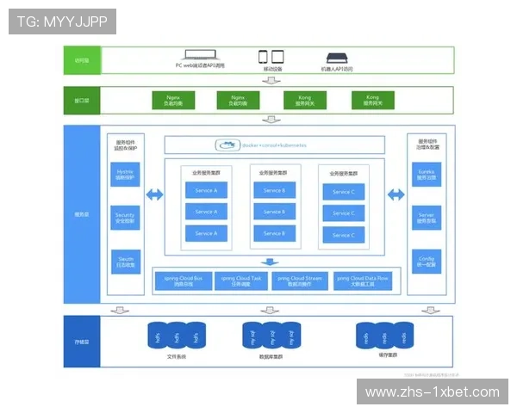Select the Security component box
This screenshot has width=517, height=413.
pos(125,218)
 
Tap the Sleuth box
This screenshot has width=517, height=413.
pos(125,261)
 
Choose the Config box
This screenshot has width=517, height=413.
pos(426,261)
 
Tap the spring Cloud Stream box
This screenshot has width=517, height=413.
pos(299,280)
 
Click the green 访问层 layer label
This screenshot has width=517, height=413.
pos(83,60)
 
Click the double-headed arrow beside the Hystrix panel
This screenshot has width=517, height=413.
pos(154,195)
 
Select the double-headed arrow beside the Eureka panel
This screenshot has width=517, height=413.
pos(396,195)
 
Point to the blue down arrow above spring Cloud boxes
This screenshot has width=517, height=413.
pos(271,262)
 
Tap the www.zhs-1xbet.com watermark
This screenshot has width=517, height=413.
pos(432,392)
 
